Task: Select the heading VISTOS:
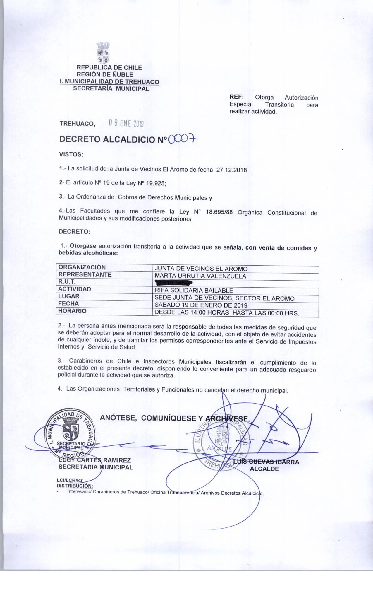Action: [x=71, y=154]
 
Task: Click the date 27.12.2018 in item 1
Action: [x=231, y=170]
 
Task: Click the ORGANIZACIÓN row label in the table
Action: [x=82, y=267]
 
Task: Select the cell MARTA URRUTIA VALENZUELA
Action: [x=200, y=276]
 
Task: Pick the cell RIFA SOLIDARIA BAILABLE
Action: [x=194, y=291]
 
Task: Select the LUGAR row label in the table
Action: [x=69, y=296]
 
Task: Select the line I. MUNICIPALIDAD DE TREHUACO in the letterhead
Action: [x=109, y=82]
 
